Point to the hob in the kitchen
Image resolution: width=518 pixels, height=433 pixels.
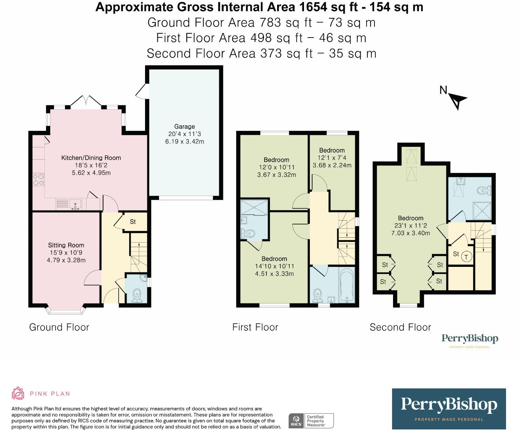[x=39, y=180]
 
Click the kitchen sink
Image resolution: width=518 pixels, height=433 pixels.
[x=76, y=205]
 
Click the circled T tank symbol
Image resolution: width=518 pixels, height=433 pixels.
[x=466, y=257]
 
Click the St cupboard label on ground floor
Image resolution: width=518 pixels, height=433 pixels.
[x=133, y=222]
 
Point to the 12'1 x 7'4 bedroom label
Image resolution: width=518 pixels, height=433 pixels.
[x=332, y=158]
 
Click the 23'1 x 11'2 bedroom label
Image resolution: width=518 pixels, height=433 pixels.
[x=411, y=225]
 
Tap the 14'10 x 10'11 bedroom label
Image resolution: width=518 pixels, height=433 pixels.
[x=274, y=266]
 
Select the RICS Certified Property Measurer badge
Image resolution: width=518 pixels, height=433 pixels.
[x=311, y=421]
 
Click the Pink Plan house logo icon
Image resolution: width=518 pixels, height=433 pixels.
[x=18, y=393]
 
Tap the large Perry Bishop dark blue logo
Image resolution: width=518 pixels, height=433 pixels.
[x=449, y=408]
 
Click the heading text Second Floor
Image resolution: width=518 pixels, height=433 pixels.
[x=400, y=327]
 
